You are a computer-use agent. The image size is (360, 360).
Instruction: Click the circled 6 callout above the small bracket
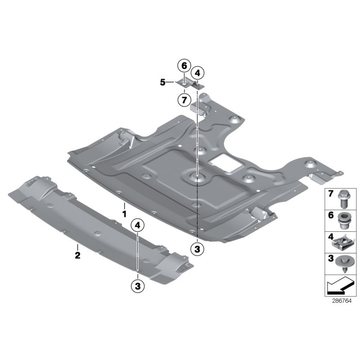click(184, 66)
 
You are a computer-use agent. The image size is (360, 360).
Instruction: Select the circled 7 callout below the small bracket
click(184, 99)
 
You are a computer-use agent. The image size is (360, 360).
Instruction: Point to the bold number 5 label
click(162, 82)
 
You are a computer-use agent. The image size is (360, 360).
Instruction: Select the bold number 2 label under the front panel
click(77, 255)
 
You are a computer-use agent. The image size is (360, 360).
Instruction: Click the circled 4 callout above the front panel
click(137, 225)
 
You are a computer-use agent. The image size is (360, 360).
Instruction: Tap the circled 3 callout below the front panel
click(137, 285)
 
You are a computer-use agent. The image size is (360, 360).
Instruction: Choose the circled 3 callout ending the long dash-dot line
click(197, 248)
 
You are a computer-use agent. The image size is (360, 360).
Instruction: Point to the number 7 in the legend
click(330, 194)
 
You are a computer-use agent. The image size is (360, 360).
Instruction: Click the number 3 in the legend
click(330, 259)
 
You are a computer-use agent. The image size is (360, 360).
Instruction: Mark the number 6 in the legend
click(330, 216)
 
